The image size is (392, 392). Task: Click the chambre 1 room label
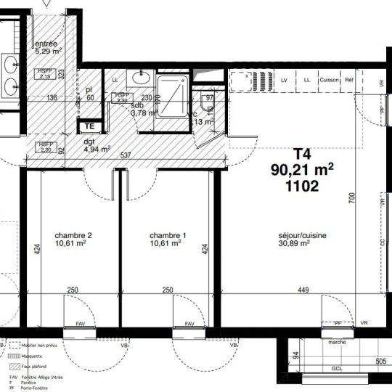168,236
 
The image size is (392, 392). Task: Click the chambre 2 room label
73,236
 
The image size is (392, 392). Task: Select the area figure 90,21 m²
302,170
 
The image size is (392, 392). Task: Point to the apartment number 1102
302,186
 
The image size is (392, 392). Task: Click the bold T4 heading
301,154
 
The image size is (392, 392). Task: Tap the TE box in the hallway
88,126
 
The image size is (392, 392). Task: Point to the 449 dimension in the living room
303,291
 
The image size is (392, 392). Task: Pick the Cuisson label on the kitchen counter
329,80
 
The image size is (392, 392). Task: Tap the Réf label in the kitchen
349,80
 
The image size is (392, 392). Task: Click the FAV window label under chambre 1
189,324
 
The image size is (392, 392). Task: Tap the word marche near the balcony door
337,342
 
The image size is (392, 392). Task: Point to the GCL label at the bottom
336,369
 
